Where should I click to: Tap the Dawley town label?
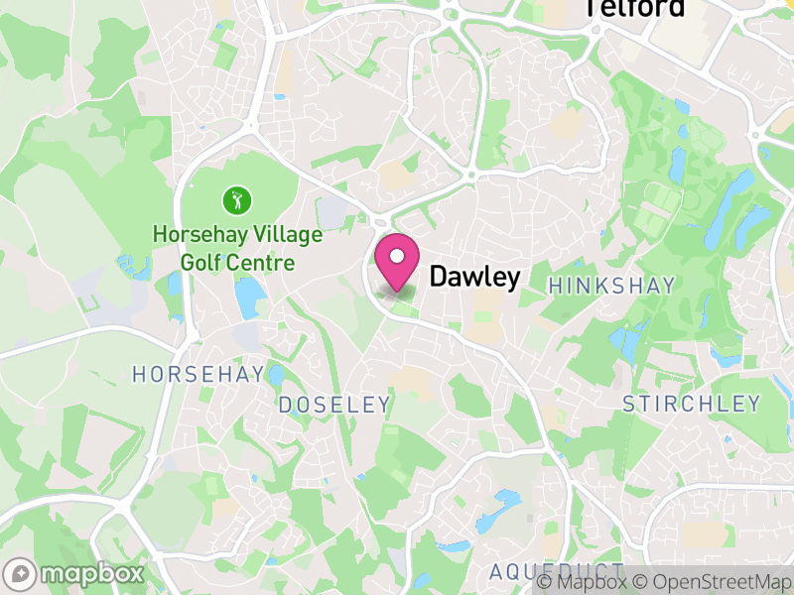[x=473, y=278]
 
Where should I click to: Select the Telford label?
[x=635, y=8]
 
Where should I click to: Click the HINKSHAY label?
[x=611, y=286]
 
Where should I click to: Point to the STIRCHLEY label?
[x=691, y=404]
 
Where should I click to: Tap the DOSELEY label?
[x=334, y=405]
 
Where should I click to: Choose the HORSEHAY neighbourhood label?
[x=198, y=374]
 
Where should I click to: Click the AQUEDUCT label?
[x=556, y=572]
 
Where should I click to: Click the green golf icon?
[x=237, y=201]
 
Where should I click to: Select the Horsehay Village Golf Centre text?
[x=237, y=249]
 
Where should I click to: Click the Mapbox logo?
[x=75, y=574]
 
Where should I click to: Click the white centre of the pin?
[x=397, y=257]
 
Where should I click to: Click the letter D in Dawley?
[x=438, y=278]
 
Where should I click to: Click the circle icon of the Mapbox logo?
[x=20, y=574]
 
